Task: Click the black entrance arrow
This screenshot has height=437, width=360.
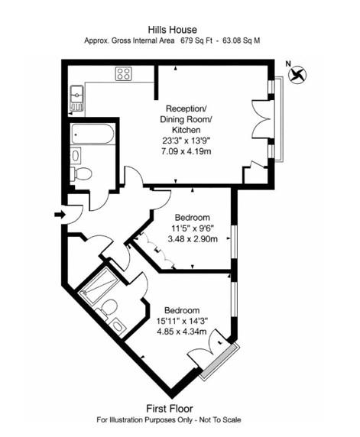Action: pyautogui.click(x=60, y=215)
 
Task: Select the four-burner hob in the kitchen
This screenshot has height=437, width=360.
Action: pyautogui.click(x=124, y=74)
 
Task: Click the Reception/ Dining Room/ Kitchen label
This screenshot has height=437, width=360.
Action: pyautogui.click(x=186, y=119)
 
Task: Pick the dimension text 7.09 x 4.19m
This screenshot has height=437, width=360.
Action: pyautogui.click(x=186, y=151)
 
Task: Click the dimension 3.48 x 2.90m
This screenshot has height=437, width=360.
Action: pyautogui.click(x=192, y=239)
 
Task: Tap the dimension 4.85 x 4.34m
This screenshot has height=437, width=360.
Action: pyautogui.click(x=182, y=332)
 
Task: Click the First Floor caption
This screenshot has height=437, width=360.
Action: pyautogui.click(x=180, y=408)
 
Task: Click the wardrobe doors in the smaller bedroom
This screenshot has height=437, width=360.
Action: pyautogui.click(x=156, y=252)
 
